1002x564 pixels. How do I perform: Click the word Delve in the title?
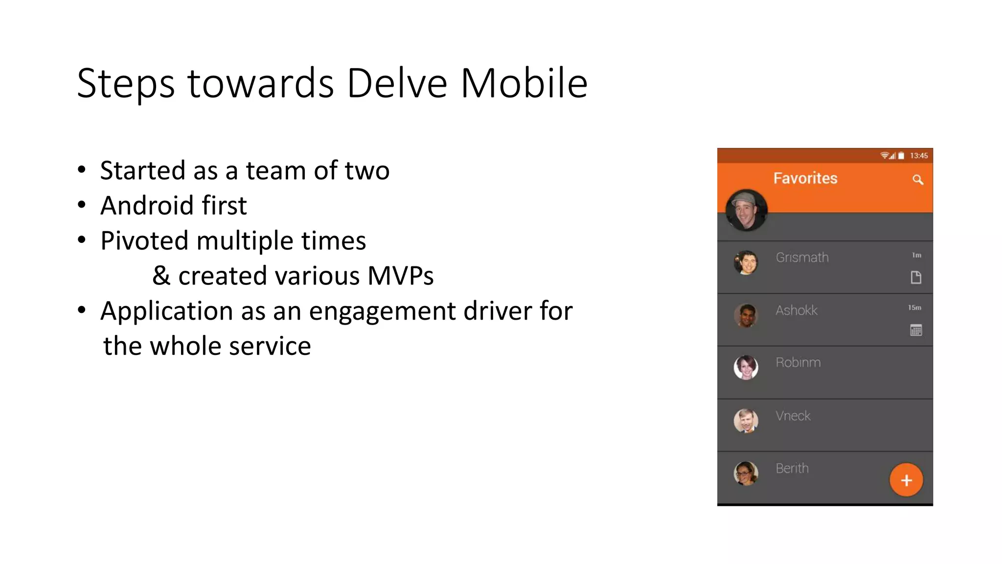pyautogui.click(x=397, y=83)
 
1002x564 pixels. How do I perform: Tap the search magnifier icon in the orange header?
pyautogui.click(x=918, y=180)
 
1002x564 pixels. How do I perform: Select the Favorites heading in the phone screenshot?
pyautogui.click(x=805, y=178)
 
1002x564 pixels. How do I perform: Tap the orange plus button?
pyautogui.click(x=906, y=480)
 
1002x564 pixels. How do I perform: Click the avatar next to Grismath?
pyautogui.click(x=746, y=262)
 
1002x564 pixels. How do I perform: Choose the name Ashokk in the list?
pyautogui.click(x=797, y=310)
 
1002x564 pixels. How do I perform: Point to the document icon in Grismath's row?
pyautogui.click(x=916, y=278)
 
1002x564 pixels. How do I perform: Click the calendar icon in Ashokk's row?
pyautogui.click(x=916, y=330)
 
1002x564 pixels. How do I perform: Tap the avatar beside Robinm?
pyautogui.click(x=746, y=367)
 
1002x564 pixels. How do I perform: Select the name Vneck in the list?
pyautogui.click(x=793, y=416)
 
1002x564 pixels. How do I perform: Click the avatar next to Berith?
pyautogui.click(x=746, y=473)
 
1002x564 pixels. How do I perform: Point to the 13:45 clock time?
pyautogui.click(x=919, y=156)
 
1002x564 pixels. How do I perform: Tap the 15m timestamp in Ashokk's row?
pyautogui.click(x=914, y=307)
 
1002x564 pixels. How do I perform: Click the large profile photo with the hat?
pyautogui.click(x=746, y=210)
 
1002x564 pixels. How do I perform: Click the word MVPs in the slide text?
pyautogui.click(x=400, y=276)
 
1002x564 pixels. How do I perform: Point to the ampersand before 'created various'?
pyautogui.click(x=161, y=276)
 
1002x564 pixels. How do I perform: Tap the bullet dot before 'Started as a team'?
pyautogui.click(x=82, y=170)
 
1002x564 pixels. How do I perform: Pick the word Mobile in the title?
pyautogui.click(x=524, y=83)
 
